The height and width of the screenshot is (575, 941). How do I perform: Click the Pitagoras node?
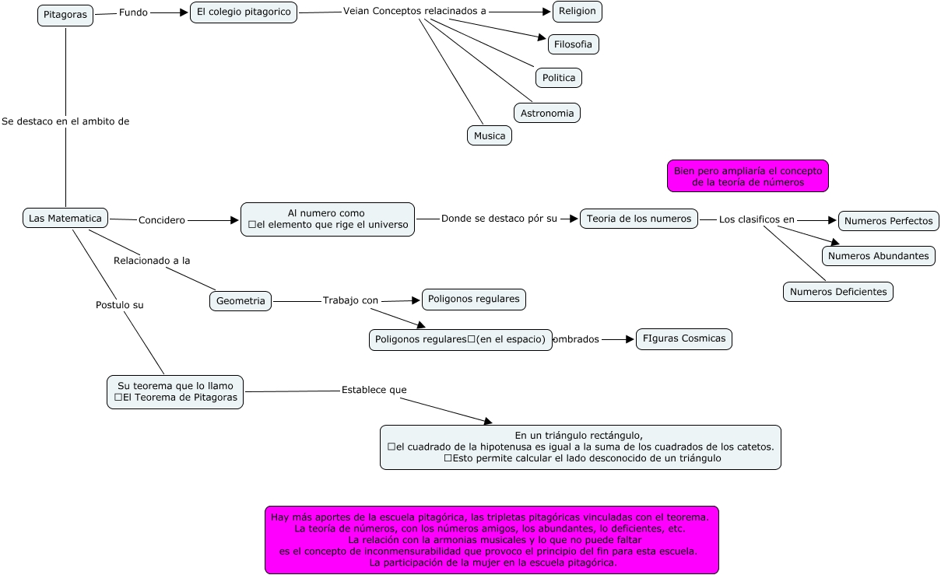(65, 15)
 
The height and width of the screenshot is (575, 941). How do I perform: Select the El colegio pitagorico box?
(244, 12)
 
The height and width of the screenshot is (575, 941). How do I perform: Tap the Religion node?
(578, 12)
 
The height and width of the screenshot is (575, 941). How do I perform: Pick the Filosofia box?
(574, 44)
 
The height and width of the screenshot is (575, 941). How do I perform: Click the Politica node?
(559, 78)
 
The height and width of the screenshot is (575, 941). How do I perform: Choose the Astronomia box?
(547, 113)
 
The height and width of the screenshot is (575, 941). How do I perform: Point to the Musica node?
(490, 135)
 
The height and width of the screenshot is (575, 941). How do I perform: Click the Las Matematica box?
(65, 218)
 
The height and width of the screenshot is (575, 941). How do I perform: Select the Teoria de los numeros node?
(639, 219)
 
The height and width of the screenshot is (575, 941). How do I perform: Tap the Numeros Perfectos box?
(889, 221)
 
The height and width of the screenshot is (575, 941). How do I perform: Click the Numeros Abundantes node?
(879, 256)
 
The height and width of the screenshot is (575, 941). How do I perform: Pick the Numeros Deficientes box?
(838, 292)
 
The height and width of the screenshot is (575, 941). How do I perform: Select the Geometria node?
(241, 301)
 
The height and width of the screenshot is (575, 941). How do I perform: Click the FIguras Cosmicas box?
(684, 338)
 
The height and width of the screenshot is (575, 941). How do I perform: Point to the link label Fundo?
(133, 12)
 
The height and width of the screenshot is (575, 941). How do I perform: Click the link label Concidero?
(162, 220)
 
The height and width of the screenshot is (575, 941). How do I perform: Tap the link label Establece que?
(374, 390)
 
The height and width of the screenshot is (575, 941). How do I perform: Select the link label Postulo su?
(120, 305)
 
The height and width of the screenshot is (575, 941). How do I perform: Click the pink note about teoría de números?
(748, 176)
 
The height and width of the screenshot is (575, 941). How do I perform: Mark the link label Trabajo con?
(350, 300)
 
